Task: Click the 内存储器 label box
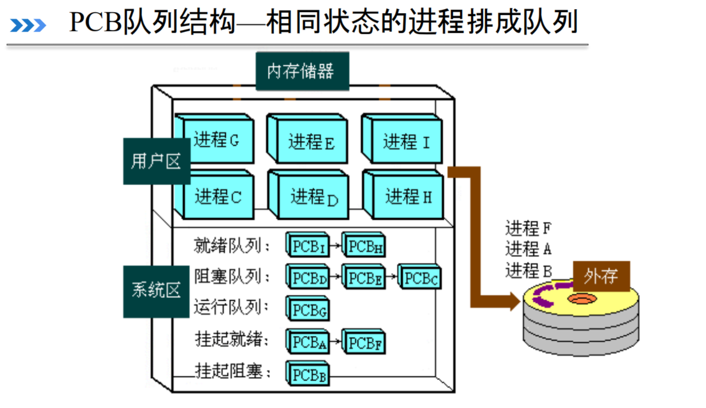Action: tap(302, 71)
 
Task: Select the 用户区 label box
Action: tap(156, 161)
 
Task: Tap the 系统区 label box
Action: tap(156, 291)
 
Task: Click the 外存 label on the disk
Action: tap(601, 276)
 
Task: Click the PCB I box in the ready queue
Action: tap(308, 246)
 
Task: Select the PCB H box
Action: tap(365, 246)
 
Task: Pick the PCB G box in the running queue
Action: tap(309, 309)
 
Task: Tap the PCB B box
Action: tap(309, 374)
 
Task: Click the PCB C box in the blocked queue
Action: tap(420, 278)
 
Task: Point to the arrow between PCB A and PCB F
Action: tap(336, 342)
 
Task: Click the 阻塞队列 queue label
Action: tap(231, 277)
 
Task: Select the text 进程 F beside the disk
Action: tap(528, 228)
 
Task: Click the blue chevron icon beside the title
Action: tap(28, 25)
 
